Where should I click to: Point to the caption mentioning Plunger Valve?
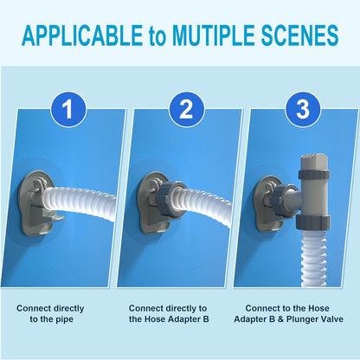(x=294, y=313)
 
